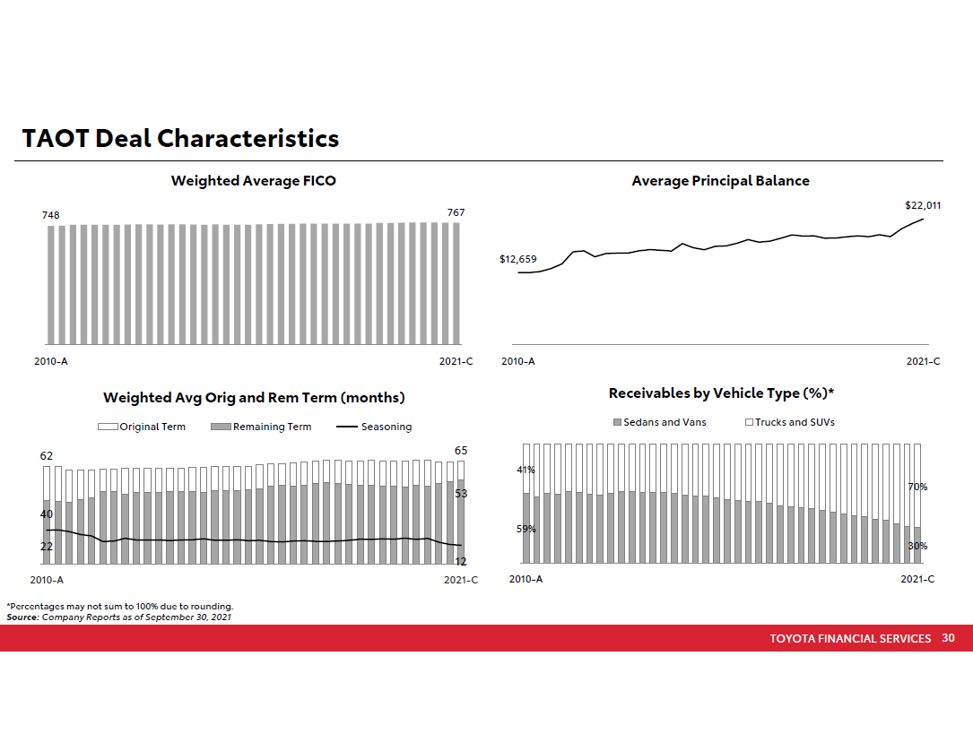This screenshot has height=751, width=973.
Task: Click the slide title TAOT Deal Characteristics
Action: pyautogui.click(x=180, y=139)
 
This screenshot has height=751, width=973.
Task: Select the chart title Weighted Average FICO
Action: pyautogui.click(x=254, y=181)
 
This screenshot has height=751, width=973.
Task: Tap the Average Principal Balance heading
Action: pyautogui.click(x=720, y=181)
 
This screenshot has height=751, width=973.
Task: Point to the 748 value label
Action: pyautogui.click(x=52, y=216)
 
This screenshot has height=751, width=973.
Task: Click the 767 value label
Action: pyautogui.click(x=456, y=212)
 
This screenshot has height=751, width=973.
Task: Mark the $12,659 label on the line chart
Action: pyautogui.click(x=517, y=260)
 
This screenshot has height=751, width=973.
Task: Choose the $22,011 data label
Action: pyautogui.click(x=923, y=205)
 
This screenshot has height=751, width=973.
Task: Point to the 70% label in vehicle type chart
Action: pyautogui.click(x=917, y=487)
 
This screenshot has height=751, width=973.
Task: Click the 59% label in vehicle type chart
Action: pyautogui.click(x=526, y=529)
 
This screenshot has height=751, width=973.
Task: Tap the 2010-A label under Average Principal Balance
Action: pyautogui.click(x=518, y=361)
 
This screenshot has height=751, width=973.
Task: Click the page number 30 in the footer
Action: pyautogui.click(x=948, y=638)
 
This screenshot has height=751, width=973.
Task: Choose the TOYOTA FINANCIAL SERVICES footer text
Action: pyautogui.click(x=850, y=639)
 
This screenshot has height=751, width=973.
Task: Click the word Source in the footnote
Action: pyautogui.click(x=22, y=617)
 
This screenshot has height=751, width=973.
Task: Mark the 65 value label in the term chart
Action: pyautogui.click(x=461, y=450)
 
